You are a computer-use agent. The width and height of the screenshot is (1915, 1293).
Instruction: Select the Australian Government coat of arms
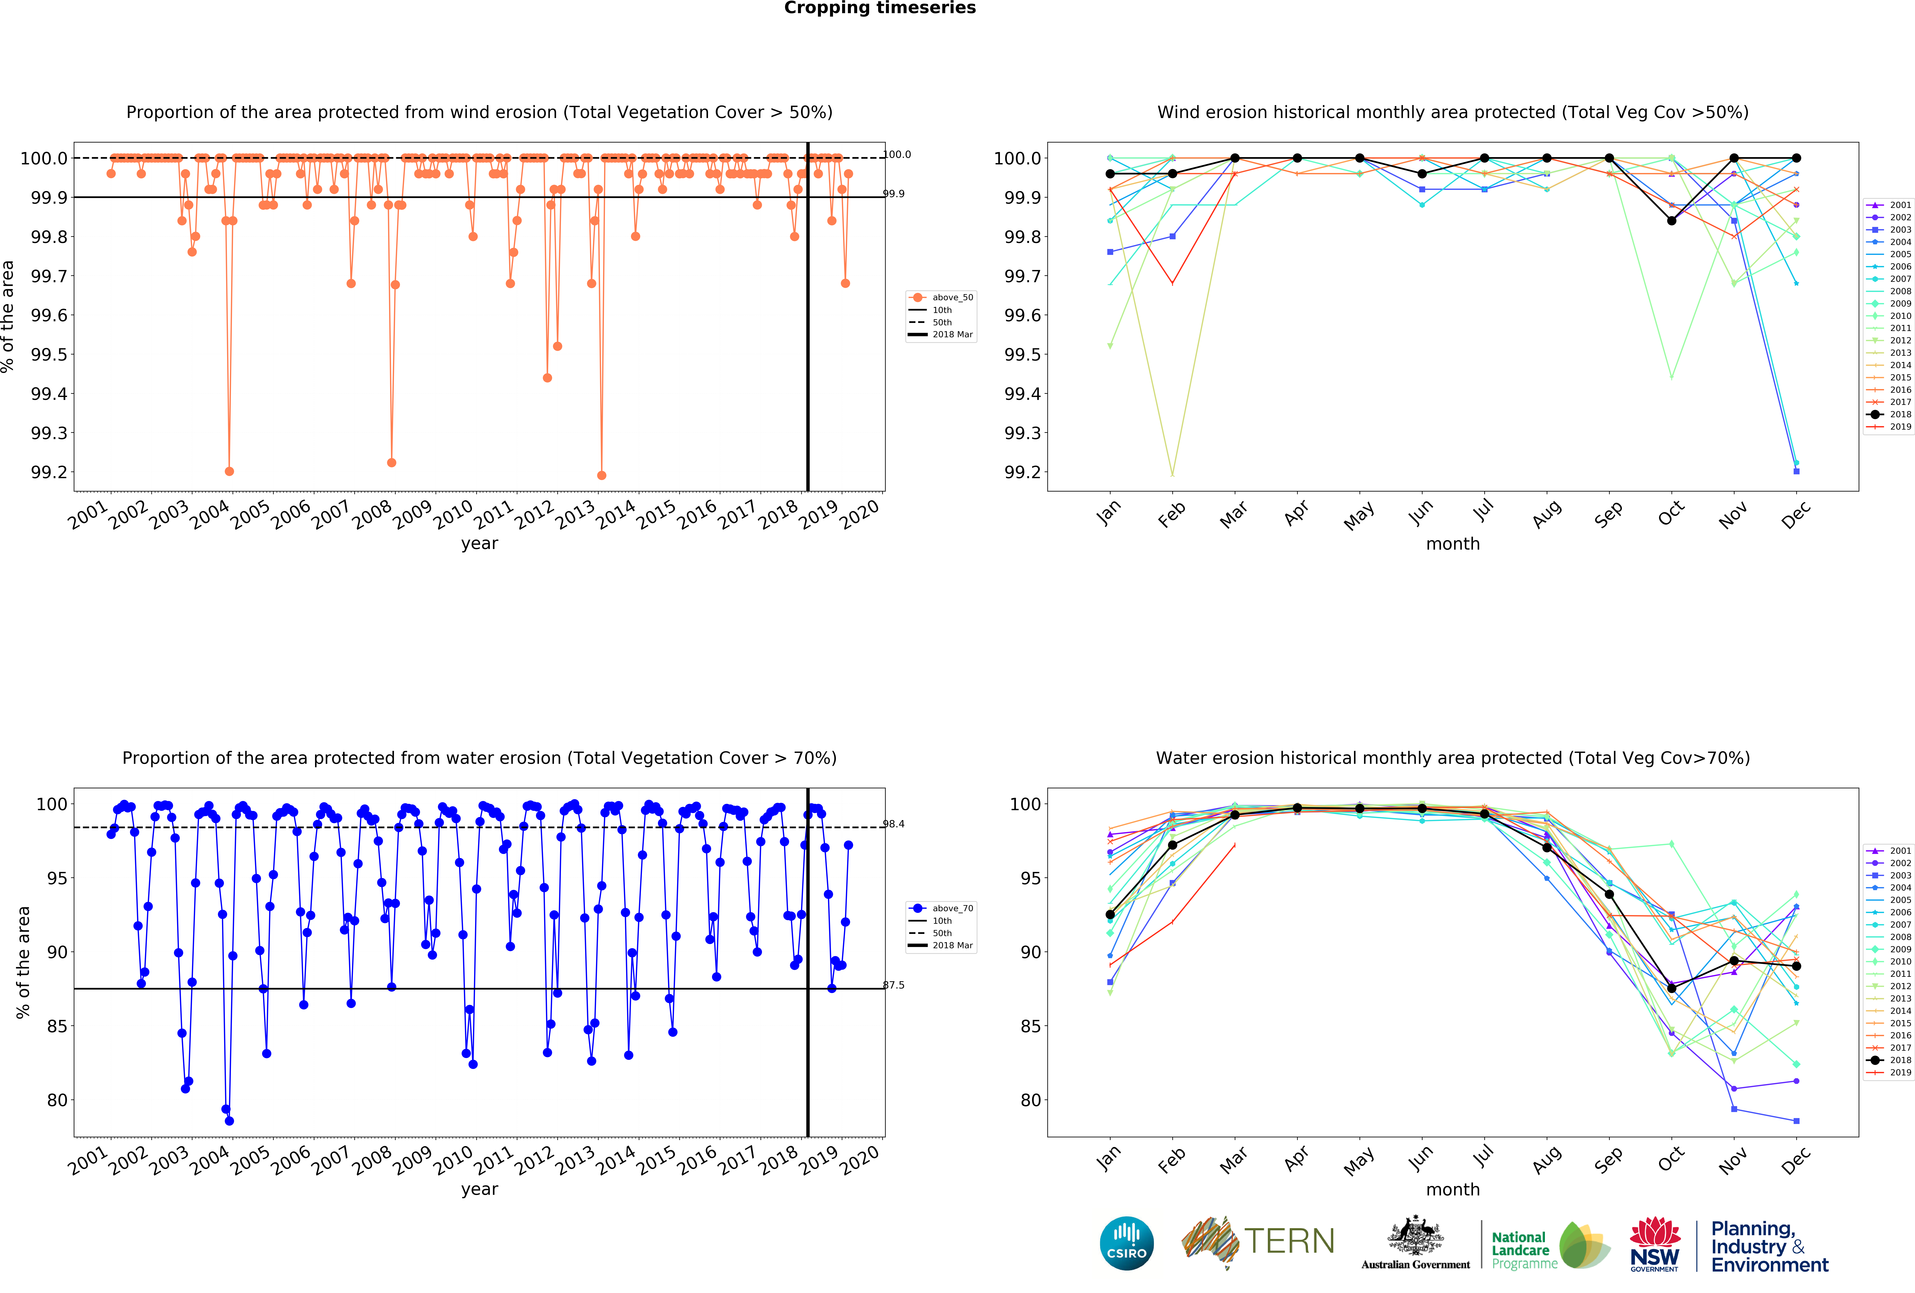tap(1415, 1235)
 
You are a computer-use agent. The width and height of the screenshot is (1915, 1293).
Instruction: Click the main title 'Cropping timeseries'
tap(879, 8)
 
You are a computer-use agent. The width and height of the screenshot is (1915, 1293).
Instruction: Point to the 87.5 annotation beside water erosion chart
tap(894, 985)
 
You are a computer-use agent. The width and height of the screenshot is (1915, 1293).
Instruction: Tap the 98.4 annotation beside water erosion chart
tap(894, 824)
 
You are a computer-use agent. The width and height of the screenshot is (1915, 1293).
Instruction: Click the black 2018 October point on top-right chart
tap(1671, 221)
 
